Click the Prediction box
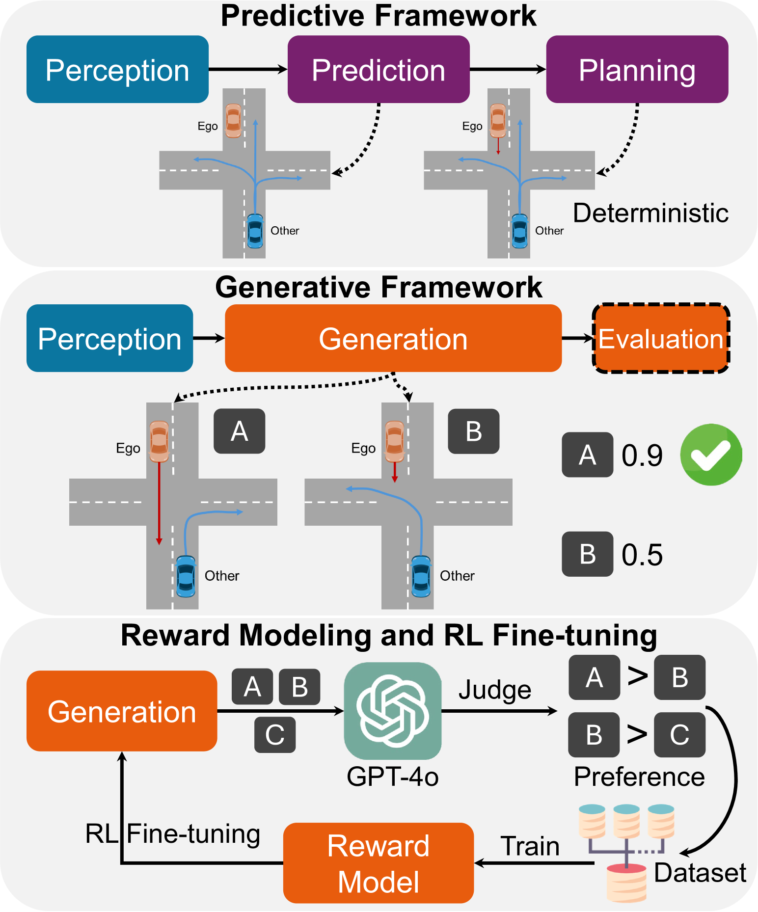[x=378, y=69]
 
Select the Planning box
[x=637, y=69]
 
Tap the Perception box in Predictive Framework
[x=117, y=69]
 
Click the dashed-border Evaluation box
[x=661, y=339]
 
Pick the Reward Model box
[x=378, y=863]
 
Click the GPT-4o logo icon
[x=392, y=711]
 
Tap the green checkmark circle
[x=710, y=455]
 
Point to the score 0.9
[x=642, y=456]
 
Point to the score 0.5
[x=642, y=555]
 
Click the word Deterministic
[x=650, y=213]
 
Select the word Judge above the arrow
[x=494, y=690]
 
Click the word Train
[x=530, y=846]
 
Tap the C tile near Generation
[x=275, y=735]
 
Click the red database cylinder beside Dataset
[x=626, y=884]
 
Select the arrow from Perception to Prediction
[x=248, y=69]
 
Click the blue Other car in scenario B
[x=421, y=576]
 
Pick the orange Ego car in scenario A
[x=159, y=441]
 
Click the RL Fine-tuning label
[x=173, y=833]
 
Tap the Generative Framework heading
[x=379, y=287]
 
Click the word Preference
[x=639, y=777]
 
